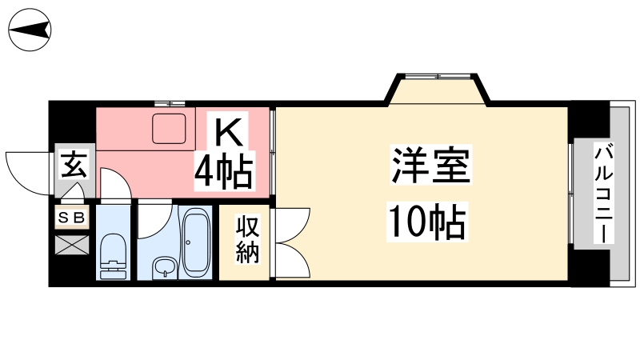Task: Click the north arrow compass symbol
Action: point(30,30)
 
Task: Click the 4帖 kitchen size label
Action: point(224,171)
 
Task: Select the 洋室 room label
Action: point(430,165)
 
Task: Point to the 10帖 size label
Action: point(427,222)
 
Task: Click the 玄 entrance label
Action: point(74,164)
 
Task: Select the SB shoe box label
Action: point(72,218)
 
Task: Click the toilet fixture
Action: point(113,256)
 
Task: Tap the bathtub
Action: point(196,244)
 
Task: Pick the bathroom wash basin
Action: point(165,268)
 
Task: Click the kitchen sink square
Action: point(169,129)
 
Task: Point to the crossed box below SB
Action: point(72,245)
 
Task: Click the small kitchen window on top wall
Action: point(170,103)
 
